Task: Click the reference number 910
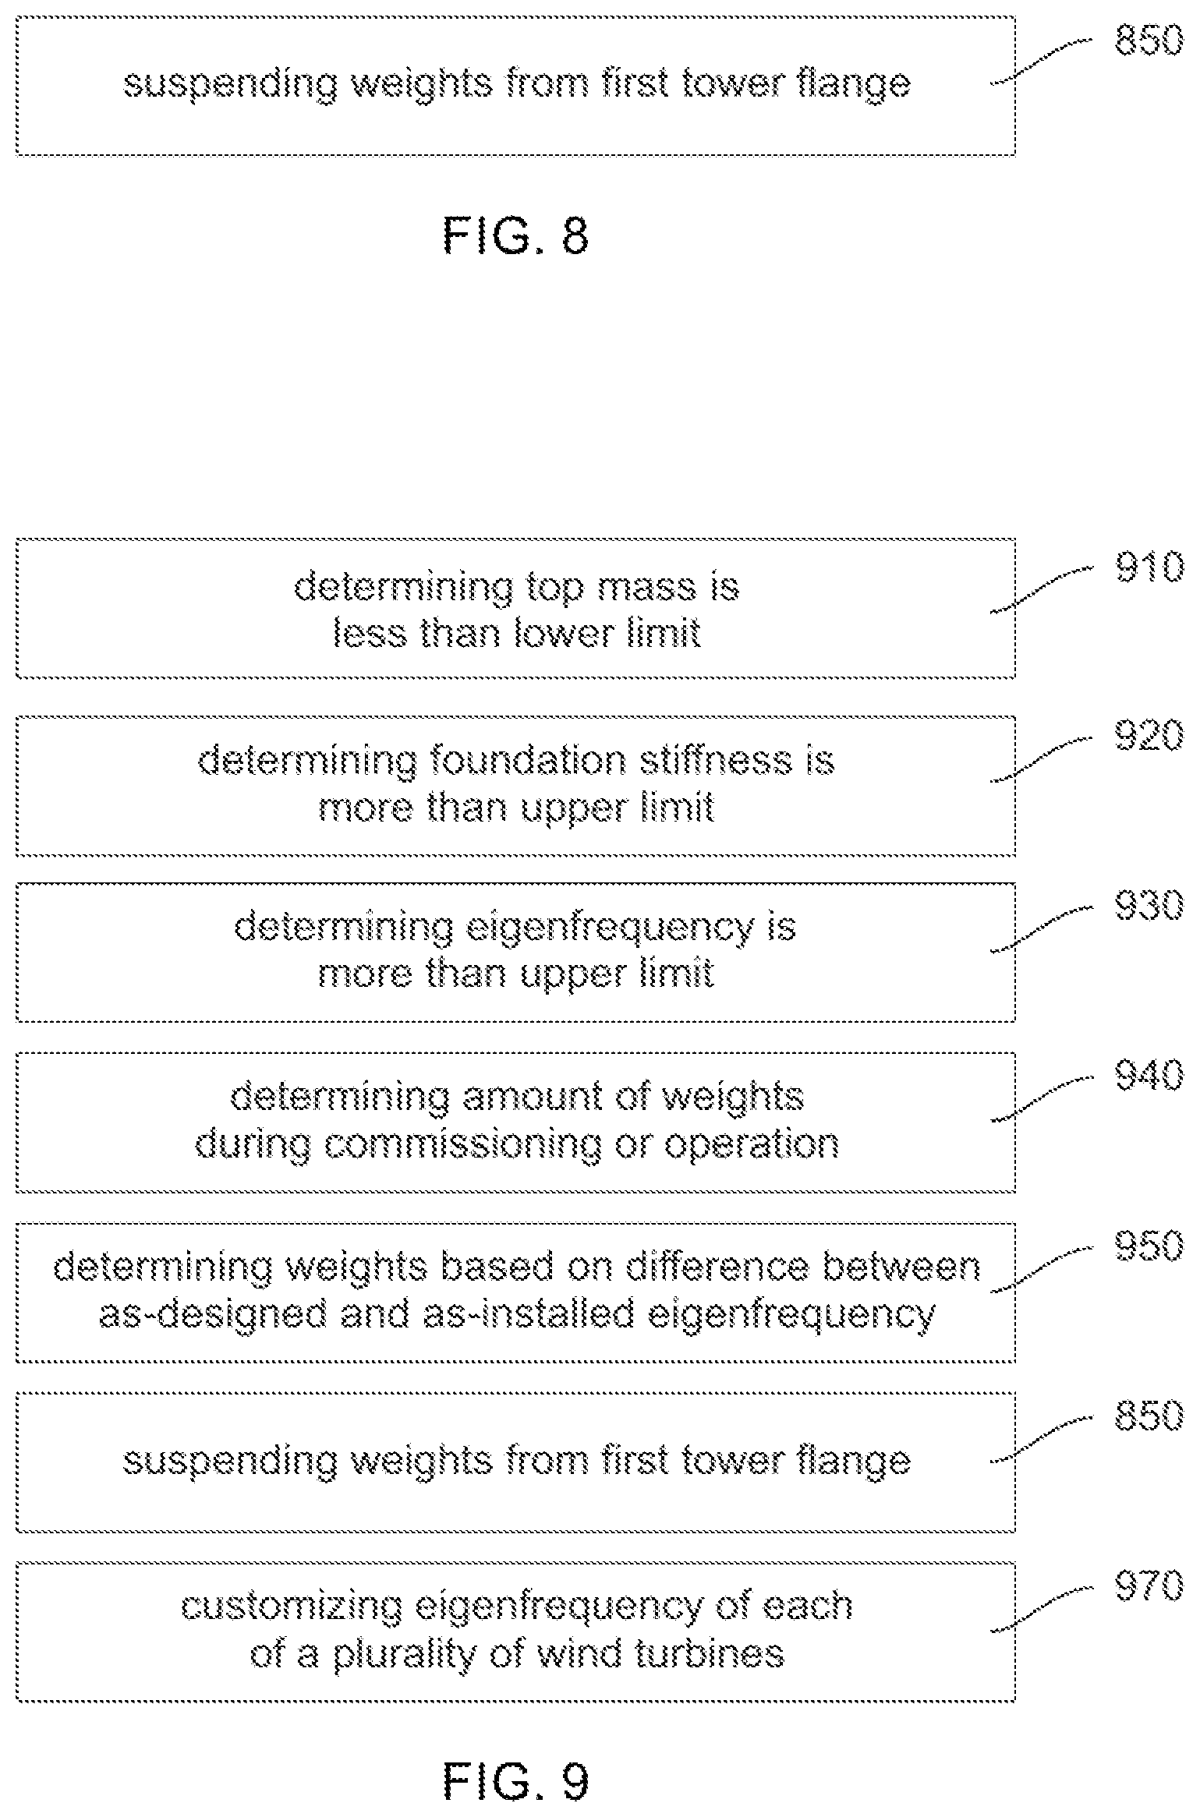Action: [x=1149, y=567]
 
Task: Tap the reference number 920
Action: [x=1149, y=736]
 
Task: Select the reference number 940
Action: [x=1149, y=1076]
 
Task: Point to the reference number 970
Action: [x=1149, y=1585]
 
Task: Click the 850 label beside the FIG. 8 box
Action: [x=1149, y=39]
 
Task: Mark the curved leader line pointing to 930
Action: [x=1042, y=928]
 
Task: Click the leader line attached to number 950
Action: [x=1042, y=1269]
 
